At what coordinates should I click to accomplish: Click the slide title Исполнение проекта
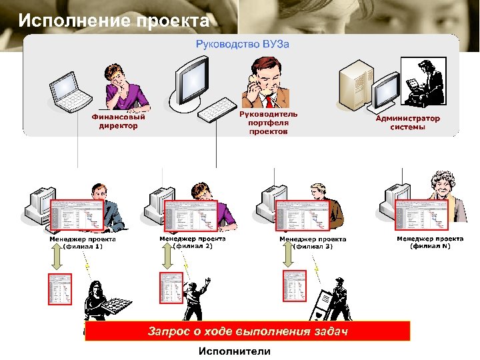[x=114, y=21]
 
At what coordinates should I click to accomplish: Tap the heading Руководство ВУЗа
[x=242, y=44]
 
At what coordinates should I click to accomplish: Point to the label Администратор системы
[x=408, y=123]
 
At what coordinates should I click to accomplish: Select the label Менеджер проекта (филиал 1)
[x=83, y=243]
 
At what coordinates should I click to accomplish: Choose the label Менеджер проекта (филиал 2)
[x=193, y=242]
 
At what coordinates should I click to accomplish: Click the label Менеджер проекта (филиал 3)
[x=313, y=243]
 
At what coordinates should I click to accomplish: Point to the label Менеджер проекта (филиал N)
[x=430, y=242]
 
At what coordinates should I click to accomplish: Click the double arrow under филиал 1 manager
[x=57, y=261]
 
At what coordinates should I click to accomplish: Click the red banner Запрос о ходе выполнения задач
[x=247, y=331]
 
